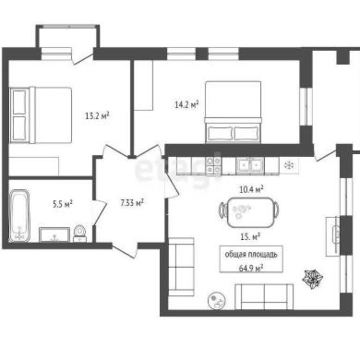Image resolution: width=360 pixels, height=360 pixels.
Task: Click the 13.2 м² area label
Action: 97,115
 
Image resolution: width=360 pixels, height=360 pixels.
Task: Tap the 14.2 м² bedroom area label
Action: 186,104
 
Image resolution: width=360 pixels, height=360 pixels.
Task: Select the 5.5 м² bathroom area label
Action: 63,204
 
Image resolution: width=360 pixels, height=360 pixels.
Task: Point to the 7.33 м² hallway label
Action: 132,203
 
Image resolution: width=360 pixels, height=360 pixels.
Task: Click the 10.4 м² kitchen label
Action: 251,189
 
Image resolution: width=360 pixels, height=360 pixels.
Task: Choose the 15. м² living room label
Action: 250,236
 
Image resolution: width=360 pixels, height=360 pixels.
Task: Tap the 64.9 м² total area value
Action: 251,268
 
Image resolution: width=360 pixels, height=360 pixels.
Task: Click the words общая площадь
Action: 251,255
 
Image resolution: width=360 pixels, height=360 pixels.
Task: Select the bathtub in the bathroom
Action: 19,216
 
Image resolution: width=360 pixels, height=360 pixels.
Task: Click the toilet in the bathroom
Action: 80,233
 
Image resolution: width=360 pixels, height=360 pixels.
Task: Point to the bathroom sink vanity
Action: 54,234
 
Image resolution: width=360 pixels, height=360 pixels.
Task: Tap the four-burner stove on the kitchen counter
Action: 213,165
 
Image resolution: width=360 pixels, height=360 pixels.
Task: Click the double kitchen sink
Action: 250,165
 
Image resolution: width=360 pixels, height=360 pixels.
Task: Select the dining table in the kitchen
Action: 250,212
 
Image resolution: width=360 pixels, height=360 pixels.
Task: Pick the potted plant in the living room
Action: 313,279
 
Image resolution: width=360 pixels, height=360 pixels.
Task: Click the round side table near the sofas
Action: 217,301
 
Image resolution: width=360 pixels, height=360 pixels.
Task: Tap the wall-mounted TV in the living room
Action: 335,236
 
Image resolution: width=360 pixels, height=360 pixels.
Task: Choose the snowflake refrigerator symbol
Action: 289,165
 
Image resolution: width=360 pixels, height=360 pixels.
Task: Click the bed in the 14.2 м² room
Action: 233,112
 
